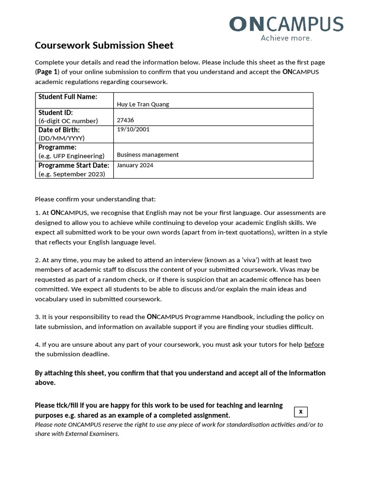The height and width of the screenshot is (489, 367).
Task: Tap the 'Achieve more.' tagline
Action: [286, 38]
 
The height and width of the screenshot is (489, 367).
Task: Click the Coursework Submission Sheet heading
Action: [104, 45]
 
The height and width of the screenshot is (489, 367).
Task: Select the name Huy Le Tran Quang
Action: [143, 104]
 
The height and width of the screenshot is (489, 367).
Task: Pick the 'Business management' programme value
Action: [148, 155]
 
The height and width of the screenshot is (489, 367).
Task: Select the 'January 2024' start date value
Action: [135, 165]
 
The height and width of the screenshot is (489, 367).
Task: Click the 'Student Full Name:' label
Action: [67, 97]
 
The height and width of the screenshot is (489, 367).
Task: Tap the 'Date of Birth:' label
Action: [59, 130]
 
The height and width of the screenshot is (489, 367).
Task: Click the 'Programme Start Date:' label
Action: [74, 165]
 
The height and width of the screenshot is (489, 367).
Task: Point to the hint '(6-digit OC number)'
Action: [68, 121]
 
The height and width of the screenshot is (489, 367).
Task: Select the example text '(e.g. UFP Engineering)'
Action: [71, 156]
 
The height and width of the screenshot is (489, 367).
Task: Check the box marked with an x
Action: [301, 412]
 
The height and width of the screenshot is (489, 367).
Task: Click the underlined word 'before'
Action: [314, 344]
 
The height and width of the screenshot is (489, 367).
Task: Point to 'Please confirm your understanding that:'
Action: [95, 199]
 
